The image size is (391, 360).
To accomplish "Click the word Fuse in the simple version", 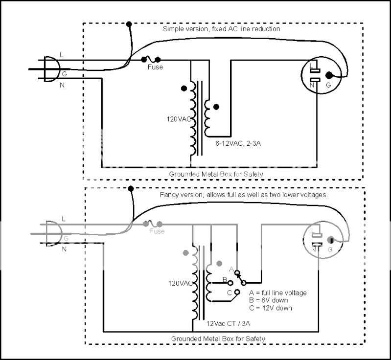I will click(155, 67).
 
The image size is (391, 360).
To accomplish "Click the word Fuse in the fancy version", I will click(157, 231).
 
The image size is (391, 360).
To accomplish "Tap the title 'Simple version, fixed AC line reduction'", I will click(221, 29).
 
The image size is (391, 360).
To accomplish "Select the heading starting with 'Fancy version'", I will click(243, 195).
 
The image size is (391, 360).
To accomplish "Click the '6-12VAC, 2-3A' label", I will click(235, 144).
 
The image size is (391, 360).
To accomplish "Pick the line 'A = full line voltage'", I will click(277, 292).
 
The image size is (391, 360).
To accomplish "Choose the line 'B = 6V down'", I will click(268, 300).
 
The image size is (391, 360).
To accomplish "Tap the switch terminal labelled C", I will click(237, 292).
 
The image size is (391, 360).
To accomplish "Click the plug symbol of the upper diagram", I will click(49, 68).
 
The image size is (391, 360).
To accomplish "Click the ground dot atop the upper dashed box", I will click(129, 23).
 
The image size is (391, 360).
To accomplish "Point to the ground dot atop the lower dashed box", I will click(131, 188).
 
